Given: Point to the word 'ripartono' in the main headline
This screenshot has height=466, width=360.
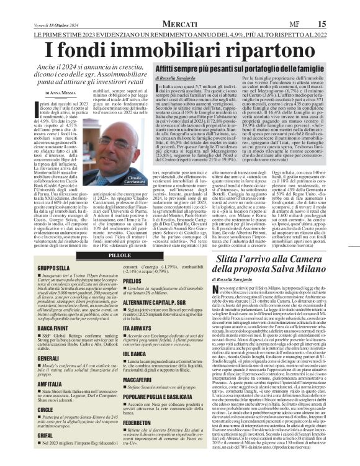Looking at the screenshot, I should tap(266, 47).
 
